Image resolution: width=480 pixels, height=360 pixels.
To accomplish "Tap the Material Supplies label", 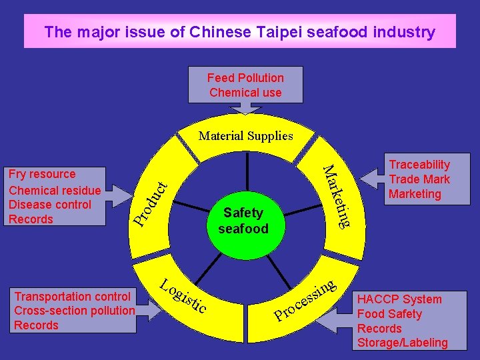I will tap(245, 136).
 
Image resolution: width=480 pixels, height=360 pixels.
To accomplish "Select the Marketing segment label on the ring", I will tap(337, 196).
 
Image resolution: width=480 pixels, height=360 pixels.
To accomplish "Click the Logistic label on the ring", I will tap(183, 295).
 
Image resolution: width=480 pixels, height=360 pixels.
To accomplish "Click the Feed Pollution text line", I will tap(245, 78).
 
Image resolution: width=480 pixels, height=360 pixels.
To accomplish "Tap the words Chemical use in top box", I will tap(245, 93).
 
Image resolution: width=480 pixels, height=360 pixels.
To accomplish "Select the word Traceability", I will tap(419, 165).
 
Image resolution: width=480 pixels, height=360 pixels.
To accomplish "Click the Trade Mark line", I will tap(419, 179).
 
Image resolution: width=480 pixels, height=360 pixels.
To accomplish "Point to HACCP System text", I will tap(399, 299).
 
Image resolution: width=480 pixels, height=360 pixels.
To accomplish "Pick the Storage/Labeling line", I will tap(403, 343).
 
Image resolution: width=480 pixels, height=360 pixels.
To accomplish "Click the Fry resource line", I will tap(43, 174).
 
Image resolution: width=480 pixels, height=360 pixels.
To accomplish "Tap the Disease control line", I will tap(50, 205).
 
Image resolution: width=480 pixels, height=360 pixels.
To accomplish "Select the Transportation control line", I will tap(73, 296).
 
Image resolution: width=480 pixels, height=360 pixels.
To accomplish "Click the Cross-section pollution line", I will tap(75, 311).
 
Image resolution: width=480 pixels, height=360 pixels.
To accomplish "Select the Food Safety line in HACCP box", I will tap(390, 314).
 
